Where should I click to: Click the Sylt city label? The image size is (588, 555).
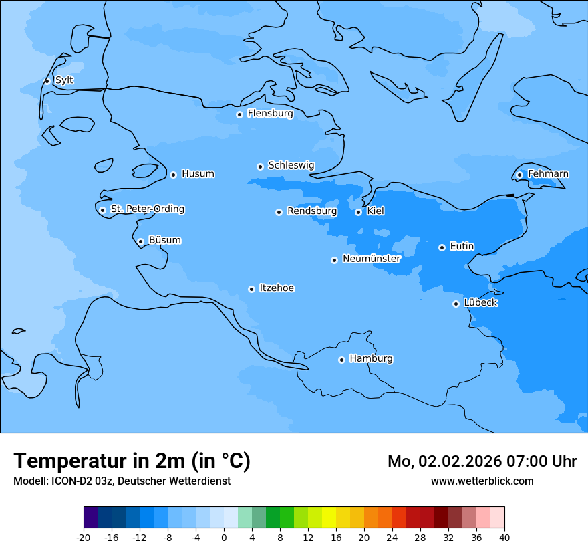(x=64, y=80)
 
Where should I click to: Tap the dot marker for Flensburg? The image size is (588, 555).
(x=239, y=114)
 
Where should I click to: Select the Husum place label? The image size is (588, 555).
(x=198, y=174)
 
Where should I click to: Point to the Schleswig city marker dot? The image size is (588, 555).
(x=260, y=166)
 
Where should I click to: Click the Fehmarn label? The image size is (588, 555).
(x=548, y=174)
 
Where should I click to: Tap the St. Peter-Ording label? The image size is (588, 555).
(x=148, y=209)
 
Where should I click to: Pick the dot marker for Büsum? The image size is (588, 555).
(x=140, y=242)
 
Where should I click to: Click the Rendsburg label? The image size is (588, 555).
(x=312, y=211)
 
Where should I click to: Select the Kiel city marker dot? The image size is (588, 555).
(x=358, y=212)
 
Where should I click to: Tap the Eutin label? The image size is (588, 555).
(x=462, y=247)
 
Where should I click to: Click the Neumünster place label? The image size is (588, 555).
(x=372, y=259)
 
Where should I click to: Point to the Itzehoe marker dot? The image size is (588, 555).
(x=251, y=289)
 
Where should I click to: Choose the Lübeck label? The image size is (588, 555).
(x=480, y=303)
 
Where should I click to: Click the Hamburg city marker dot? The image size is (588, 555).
(x=341, y=360)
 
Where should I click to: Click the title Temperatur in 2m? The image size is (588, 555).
(x=132, y=461)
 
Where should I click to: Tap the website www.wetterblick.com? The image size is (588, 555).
(x=482, y=481)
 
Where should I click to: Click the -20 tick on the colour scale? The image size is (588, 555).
(x=84, y=538)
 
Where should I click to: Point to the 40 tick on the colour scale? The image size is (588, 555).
(x=504, y=538)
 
